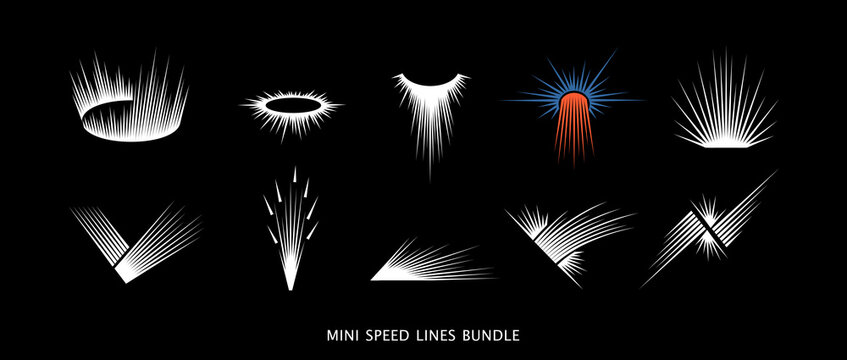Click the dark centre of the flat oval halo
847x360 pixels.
point(291,105)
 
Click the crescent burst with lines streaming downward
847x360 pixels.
point(430,110)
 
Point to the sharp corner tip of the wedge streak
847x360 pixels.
point(372,277)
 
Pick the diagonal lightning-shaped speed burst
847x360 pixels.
point(710,230)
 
